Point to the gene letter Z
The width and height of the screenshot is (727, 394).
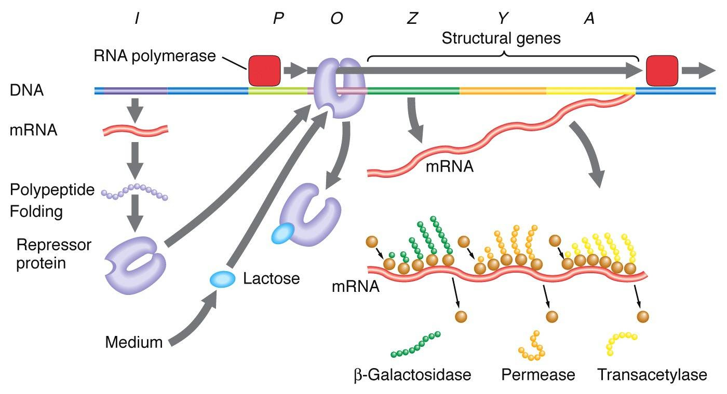click(412, 19)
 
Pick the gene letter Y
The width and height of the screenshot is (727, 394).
click(502, 19)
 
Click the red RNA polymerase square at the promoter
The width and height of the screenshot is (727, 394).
click(264, 71)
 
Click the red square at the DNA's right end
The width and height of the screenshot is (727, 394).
click(662, 71)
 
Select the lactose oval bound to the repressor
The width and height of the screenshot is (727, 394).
click(282, 234)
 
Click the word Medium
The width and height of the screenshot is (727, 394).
click(133, 342)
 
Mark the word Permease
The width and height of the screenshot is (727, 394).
click(538, 374)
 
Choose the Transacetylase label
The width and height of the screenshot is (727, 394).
click(652, 374)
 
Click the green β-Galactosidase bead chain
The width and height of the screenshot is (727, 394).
click(415, 346)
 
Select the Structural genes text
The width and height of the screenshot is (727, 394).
click(501, 39)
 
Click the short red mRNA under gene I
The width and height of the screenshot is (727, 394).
click(134, 130)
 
